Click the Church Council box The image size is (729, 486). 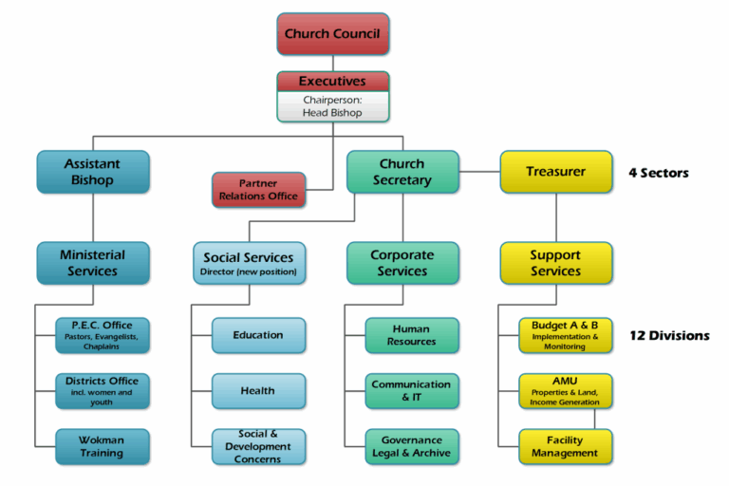(333, 34)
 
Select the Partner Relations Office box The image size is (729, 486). (258, 190)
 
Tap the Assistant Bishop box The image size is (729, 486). (93, 172)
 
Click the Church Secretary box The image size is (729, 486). (402, 172)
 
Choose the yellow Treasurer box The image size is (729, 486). (556, 172)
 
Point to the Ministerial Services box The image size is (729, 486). (93, 263)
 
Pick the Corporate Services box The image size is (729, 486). (402, 263)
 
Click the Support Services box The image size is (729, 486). (556, 263)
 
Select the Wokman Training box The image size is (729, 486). (103, 446)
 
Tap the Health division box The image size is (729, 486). (258, 391)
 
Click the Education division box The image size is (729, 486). (258, 335)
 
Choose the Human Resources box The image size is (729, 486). (412, 335)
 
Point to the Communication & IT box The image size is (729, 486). (412, 391)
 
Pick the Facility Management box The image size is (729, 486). (566, 446)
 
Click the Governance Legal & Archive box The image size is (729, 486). (412, 446)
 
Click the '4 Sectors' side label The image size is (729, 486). (659, 173)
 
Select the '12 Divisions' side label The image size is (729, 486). (669, 336)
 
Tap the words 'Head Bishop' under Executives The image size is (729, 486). (332, 113)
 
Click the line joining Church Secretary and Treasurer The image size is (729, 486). (479, 172)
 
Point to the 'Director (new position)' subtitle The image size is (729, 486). (249, 271)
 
